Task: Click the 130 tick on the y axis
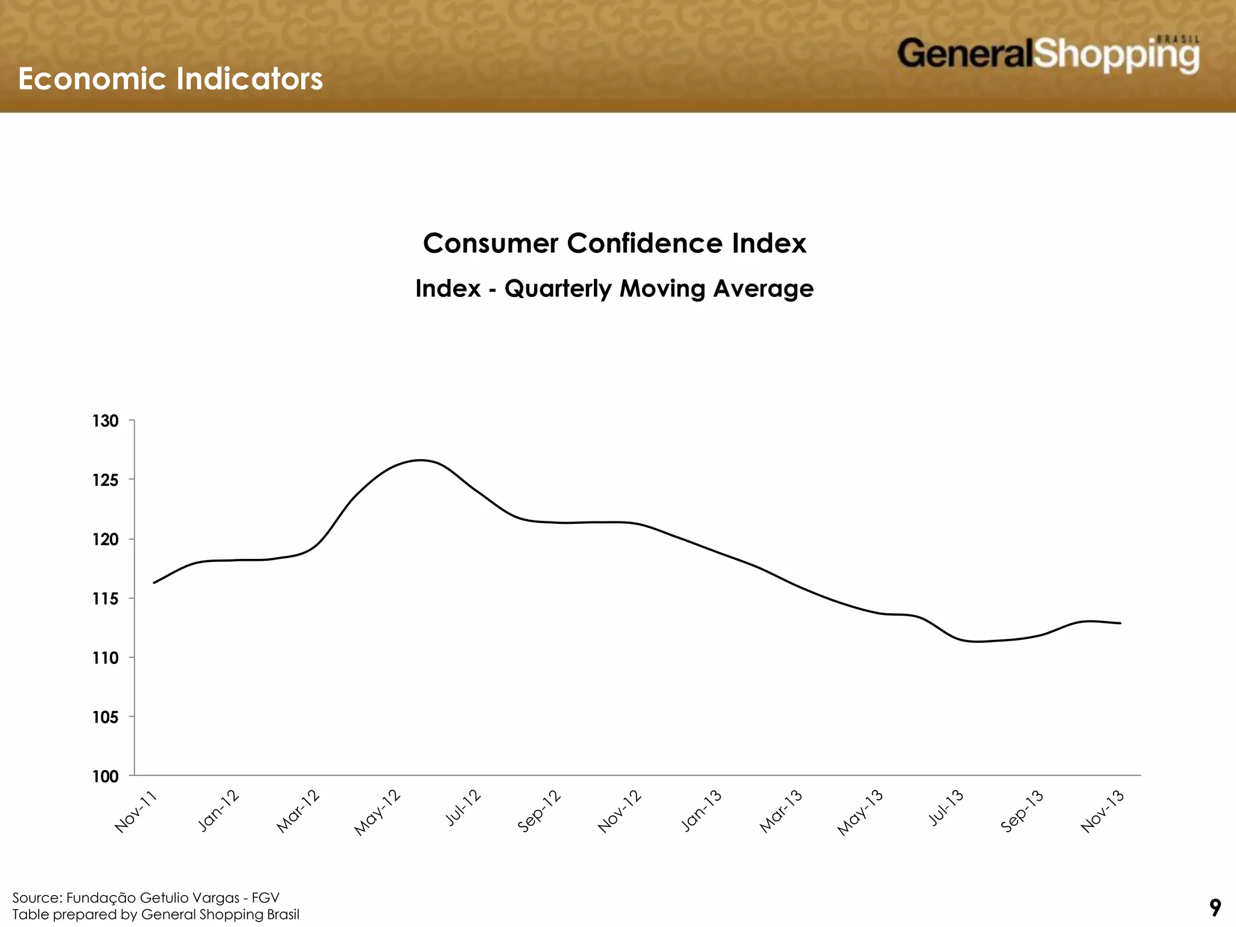click(x=106, y=421)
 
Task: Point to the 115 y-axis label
click(x=106, y=599)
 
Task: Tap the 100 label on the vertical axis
click(x=106, y=777)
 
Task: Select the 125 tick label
click(x=106, y=480)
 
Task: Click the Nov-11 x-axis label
click(x=136, y=812)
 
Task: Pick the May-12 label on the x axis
click(x=378, y=812)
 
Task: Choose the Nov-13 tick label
click(x=1103, y=812)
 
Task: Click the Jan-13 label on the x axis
click(x=701, y=811)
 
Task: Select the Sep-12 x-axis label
click(x=540, y=811)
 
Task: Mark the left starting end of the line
click(x=154, y=582)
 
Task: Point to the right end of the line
click(x=1120, y=623)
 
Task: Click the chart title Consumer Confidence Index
click(x=614, y=243)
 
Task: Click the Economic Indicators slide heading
click(x=170, y=78)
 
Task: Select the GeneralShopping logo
click(x=1048, y=54)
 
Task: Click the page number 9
click(x=1215, y=907)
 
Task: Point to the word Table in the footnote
click(x=30, y=914)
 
